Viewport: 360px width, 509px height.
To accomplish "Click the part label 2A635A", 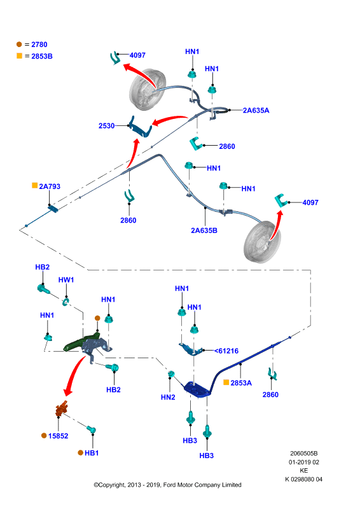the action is [x=256, y=110].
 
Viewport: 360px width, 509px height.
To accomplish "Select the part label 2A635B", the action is [x=204, y=230].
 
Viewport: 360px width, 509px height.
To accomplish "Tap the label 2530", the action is [x=106, y=125].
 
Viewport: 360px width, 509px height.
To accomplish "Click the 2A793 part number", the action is [x=50, y=186].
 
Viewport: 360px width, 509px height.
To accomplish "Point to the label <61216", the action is [x=226, y=351].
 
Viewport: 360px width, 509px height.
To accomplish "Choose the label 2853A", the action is [x=241, y=383].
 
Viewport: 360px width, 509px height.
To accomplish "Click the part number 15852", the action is [x=59, y=436].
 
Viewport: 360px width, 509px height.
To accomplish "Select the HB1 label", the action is [x=92, y=453].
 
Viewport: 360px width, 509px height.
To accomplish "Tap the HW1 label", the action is [x=66, y=280].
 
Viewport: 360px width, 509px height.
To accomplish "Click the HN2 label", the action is [x=168, y=397].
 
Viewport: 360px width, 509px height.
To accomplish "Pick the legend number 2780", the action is [x=39, y=45].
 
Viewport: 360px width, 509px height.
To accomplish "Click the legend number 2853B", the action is [x=42, y=56].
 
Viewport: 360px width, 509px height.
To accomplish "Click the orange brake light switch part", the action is [x=62, y=408].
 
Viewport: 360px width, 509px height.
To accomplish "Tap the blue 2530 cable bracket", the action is [x=140, y=127].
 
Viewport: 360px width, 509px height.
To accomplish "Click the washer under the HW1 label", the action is [x=66, y=302].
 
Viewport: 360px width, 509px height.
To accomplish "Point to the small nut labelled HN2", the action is [x=171, y=373].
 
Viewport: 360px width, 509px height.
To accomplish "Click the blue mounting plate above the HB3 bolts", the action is [x=198, y=389].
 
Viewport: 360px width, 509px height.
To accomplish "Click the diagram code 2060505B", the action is [x=304, y=453].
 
